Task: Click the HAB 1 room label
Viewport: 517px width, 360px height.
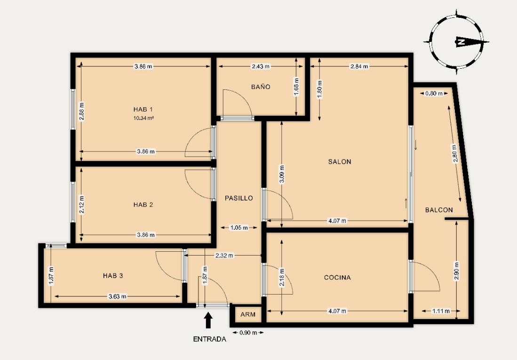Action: (143, 110)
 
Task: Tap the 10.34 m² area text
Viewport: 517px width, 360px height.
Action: (143, 118)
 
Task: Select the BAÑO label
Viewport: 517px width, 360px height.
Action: (261, 87)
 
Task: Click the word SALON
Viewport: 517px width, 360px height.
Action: (340, 162)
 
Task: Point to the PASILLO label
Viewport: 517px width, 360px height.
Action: (239, 198)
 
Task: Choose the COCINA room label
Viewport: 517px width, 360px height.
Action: (337, 278)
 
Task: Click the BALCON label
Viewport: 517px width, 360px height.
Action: (439, 210)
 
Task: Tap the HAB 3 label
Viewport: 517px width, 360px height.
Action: (113, 275)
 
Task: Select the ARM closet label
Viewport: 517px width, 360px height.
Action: (248, 314)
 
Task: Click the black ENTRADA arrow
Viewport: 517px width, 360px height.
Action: (208, 320)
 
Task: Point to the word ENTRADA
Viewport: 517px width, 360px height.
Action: (210, 339)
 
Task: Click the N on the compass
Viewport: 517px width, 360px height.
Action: (461, 42)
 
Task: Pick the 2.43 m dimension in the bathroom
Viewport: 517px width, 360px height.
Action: (261, 66)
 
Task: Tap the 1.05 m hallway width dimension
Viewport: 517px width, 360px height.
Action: (239, 227)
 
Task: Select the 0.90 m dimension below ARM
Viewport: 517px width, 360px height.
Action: (248, 333)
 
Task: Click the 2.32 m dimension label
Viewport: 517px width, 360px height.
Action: (224, 256)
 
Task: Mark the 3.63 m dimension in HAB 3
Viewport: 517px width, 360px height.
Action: (118, 296)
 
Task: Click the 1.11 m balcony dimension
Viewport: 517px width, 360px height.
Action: (441, 311)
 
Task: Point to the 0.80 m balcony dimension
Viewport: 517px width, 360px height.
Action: (434, 93)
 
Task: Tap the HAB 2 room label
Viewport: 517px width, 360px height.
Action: (143, 205)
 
